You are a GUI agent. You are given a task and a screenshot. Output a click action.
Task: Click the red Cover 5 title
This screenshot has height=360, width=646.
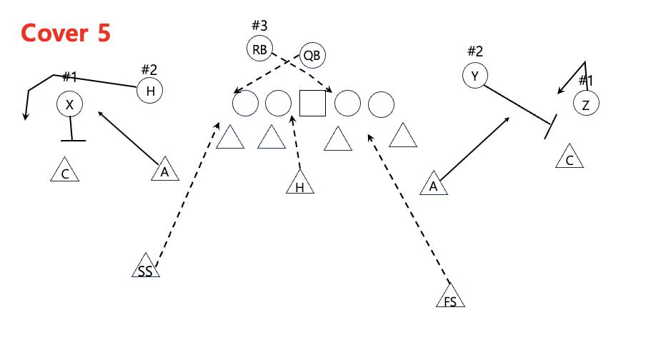[66, 33]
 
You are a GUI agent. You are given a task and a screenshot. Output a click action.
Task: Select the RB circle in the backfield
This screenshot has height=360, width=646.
[259, 49]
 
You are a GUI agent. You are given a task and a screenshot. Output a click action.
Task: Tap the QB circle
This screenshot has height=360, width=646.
[312, 54]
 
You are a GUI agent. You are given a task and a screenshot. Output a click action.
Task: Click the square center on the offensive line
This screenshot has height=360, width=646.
[312, 104]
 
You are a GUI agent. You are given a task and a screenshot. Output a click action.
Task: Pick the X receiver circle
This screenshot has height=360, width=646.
[69, 105]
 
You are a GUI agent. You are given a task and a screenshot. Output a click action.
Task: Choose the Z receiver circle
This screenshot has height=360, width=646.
[586, 104]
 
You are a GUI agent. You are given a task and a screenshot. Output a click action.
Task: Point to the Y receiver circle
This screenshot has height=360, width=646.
[474, 74]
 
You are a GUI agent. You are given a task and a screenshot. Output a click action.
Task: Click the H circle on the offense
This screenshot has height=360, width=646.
[150, 91]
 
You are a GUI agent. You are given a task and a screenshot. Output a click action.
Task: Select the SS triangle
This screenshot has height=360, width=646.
[145, 267]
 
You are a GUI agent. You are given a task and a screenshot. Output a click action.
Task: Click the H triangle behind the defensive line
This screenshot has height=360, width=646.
[300, 184]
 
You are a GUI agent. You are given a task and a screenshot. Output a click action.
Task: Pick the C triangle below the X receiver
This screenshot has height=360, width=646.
[65, 171]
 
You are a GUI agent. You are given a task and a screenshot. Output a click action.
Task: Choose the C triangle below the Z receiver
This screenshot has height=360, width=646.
[570, 157]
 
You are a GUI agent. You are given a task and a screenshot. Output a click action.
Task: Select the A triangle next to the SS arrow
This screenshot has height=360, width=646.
[165, 171]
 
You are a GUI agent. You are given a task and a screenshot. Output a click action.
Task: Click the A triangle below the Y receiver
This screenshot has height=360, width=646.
[433, 184]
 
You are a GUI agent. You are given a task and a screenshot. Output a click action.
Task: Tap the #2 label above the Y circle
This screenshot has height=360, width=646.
[475, 51]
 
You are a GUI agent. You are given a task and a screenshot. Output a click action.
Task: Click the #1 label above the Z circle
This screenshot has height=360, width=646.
[586, 80]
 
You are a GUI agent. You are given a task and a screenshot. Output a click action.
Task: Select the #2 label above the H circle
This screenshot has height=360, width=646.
[149, 69]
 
